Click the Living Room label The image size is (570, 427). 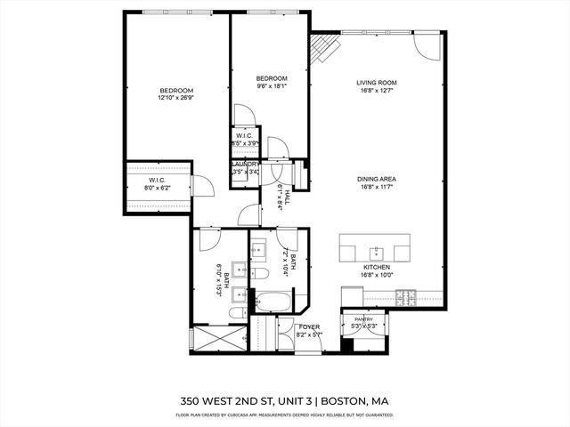click(376, 82)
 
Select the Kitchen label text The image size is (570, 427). click(376, 267)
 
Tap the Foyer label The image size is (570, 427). click(310, 326)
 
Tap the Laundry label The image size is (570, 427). click(245, 165)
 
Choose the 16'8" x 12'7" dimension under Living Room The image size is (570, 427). click(376, 90)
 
